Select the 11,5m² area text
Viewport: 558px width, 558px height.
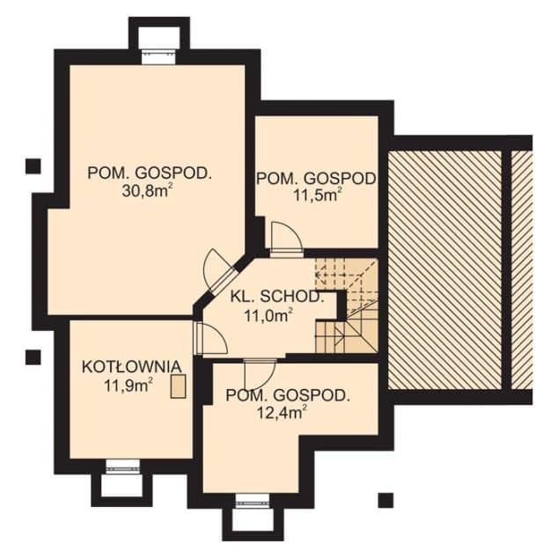pyautogui.click(x=318, y=195)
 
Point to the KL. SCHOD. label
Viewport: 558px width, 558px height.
pyautogui.click(x=278, y=296)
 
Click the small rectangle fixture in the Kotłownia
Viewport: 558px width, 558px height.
pyautogui.click(x=180, y=385)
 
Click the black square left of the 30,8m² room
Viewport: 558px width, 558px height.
pyautogui.click(x=33, y=165)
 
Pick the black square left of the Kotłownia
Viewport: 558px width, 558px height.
pyautogui.click(x=33, y=356)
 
